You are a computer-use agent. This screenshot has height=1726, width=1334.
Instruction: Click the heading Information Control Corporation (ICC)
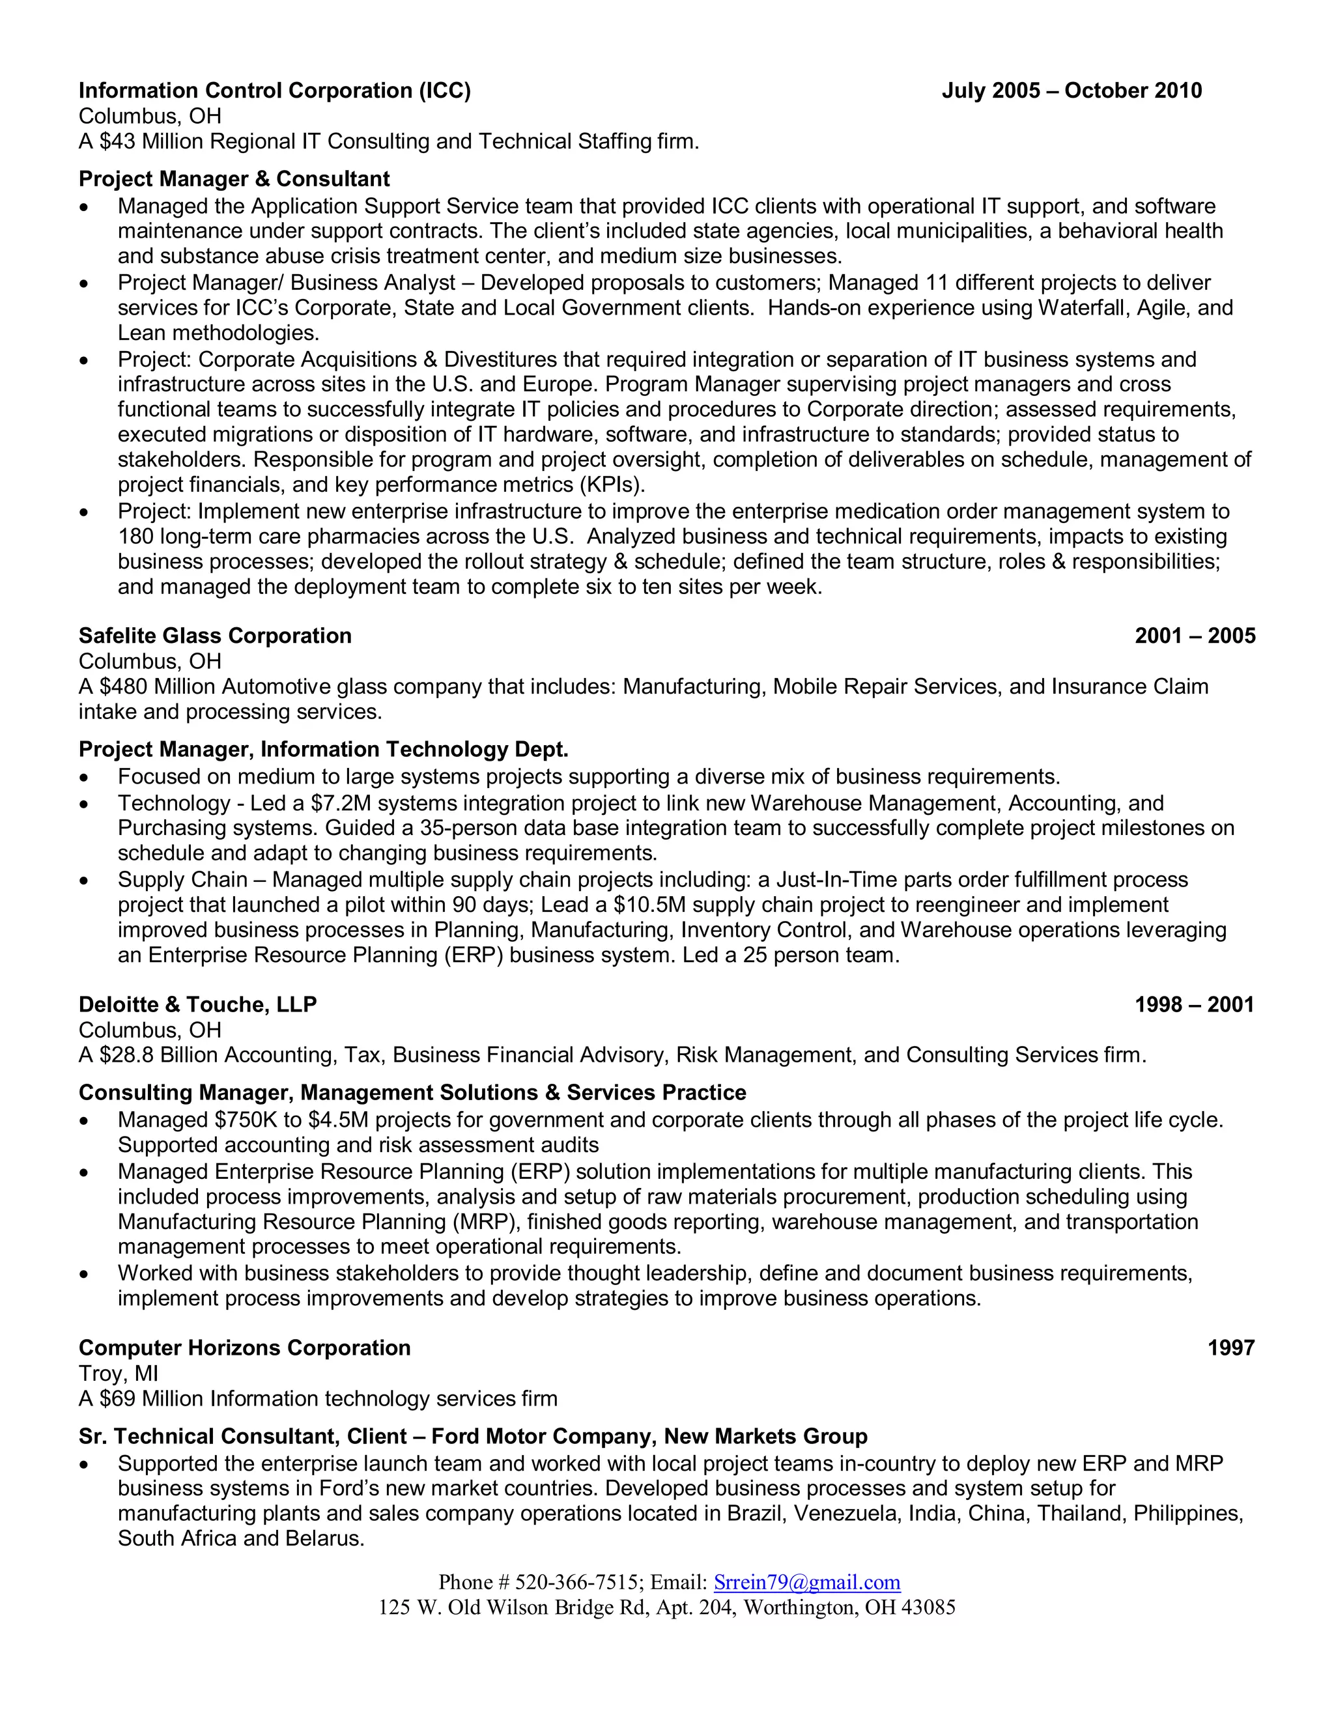(x=274, y=91)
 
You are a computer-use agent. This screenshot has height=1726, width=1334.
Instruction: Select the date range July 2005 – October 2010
(x=1071, y=91)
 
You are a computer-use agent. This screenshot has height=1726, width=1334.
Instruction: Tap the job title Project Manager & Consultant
(x=234, y=178)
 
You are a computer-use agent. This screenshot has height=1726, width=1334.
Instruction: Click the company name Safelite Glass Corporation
(x=215, y=636)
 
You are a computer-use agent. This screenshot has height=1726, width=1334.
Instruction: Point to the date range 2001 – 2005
(x=1194, y=636)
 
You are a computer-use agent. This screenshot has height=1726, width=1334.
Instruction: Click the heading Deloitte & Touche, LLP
(x=197, y=1004)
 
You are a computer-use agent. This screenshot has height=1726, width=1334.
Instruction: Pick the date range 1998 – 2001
(x=1194, y=1004)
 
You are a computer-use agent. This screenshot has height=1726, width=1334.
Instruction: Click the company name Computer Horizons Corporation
(x=244, y=1348)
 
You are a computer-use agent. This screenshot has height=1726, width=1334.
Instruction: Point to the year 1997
(x=1230, y=1348)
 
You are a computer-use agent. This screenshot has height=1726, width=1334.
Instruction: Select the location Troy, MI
(x=118, y=1374)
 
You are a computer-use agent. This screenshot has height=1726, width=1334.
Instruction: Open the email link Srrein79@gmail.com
(x=806, y=1582)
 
